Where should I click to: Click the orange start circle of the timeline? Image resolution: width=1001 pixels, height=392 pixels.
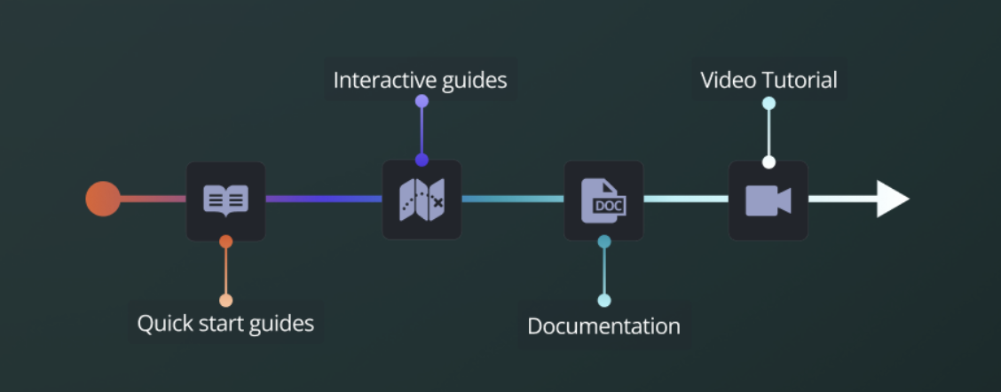click(x=103, y=199)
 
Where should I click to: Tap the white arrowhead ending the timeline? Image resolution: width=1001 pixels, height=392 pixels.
click(x=892, y=199)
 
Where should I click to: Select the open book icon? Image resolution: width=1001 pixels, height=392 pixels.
click(x=225, y=200)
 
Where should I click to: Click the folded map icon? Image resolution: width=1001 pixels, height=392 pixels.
click(x=422, y=200)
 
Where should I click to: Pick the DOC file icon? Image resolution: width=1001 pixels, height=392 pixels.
click(x=603, y=200)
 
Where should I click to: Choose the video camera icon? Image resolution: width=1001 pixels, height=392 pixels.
click(x=768, y=200)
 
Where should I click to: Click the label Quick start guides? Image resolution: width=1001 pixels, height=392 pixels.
click(x=225, y=323)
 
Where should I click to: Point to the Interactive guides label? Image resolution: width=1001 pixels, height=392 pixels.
click(x=420, y=81)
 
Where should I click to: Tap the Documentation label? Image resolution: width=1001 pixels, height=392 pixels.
click(x=603, y=326)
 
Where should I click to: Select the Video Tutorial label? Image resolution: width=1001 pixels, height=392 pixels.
click(x=768, y=81)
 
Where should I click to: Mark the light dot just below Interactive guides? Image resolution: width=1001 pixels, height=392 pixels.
click(x=422, y=101)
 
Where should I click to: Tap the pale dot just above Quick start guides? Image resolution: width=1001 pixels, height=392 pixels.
click(x=225, y=300)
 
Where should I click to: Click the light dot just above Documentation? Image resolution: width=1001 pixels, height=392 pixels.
click(x=603, y=301)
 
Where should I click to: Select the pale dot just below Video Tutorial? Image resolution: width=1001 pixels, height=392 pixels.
click(x=768, y=104)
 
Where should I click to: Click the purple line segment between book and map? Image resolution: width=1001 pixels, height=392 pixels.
click(x=324, y=199)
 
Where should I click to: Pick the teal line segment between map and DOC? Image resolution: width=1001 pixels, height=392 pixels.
click(x=512, y=199)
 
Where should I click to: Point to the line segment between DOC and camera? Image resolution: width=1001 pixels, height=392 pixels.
click(x=685, y=199)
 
